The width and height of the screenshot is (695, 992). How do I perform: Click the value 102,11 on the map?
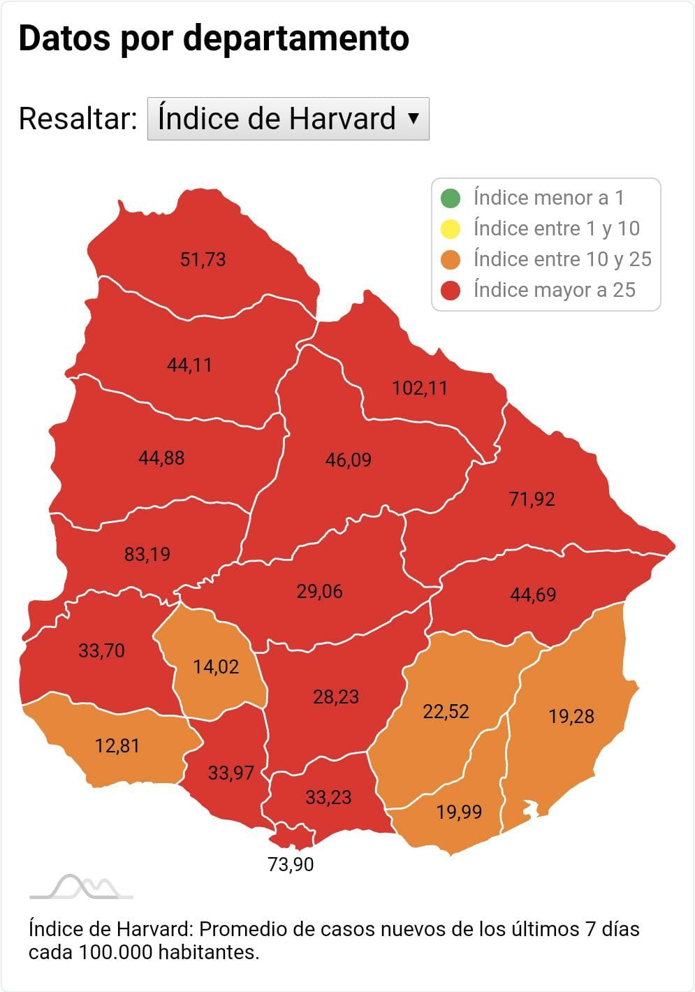(419, 388)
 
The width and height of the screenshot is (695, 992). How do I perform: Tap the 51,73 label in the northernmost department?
(203, 259)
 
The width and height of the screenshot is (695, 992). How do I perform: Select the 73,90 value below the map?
(291, 864)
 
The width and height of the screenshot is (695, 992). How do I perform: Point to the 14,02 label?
(216, 666)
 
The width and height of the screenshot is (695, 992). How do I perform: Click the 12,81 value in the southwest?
(117, 745)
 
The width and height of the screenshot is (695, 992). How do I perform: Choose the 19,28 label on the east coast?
(571, 716)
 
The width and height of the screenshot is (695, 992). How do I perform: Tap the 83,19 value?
(147, 554)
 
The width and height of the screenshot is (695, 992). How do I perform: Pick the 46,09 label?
(348, 460)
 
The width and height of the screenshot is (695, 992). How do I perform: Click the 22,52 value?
(446, 711)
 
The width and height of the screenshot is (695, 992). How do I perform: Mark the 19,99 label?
(459, 812)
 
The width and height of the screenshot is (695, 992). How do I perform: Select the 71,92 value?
(532, 499)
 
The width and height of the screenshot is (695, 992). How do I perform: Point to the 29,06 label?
(319, 591)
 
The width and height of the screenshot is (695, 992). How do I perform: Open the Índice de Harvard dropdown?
(288, 119)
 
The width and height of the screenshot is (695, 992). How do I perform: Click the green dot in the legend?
(451, 198)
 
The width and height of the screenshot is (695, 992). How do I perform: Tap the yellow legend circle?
(451, 229)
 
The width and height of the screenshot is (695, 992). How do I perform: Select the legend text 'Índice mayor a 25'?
(554, 290)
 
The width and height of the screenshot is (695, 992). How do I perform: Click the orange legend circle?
(451, 260)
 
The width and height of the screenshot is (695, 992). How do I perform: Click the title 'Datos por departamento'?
(214, 38)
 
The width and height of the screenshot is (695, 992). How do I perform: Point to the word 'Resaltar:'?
(78, 119)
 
